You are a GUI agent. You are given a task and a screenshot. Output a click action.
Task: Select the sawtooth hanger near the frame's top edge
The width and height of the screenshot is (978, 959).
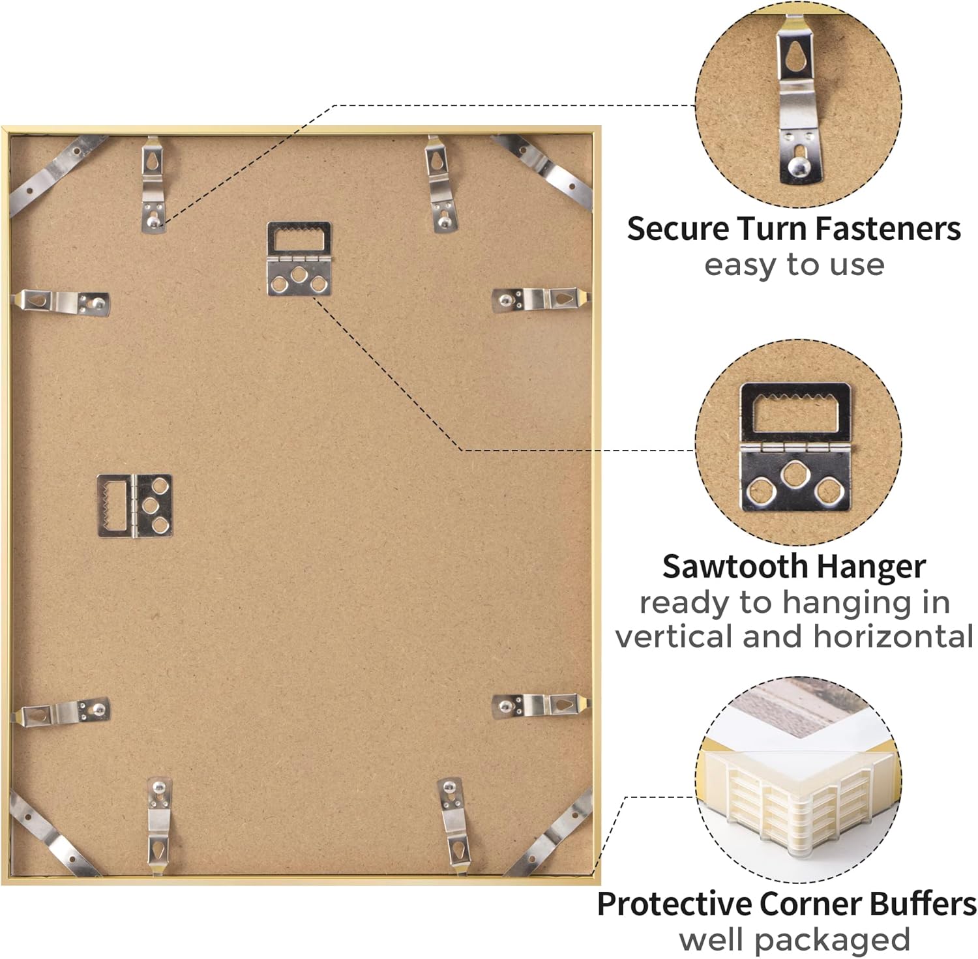coord(299,259)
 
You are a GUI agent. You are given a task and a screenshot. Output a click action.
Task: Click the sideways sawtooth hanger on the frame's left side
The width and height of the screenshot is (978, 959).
coord(135,506)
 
